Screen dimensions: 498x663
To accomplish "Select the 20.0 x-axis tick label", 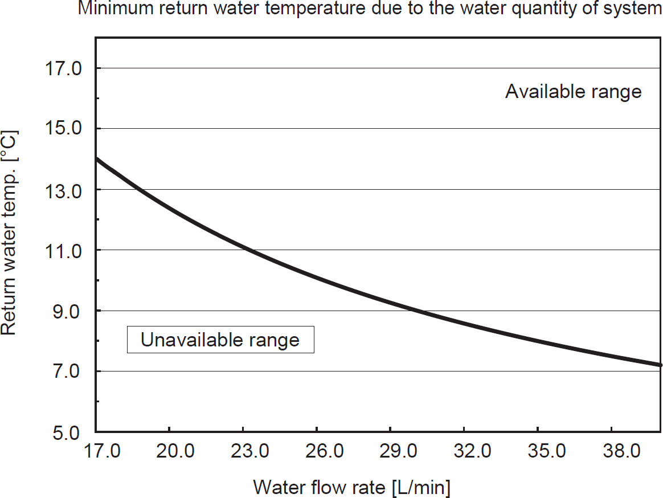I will click(175, 452).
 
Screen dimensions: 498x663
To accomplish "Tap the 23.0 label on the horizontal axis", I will click(249, 452).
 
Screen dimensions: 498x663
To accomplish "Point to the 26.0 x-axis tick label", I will click(323, 452).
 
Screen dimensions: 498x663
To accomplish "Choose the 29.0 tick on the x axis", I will click(396, 452).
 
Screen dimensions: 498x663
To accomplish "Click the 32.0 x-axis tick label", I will click(470, 452).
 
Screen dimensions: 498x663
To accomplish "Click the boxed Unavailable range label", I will click(220, 340).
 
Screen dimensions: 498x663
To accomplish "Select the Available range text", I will click(573, 92).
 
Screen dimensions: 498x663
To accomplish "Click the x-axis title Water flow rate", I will click(351, 488).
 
